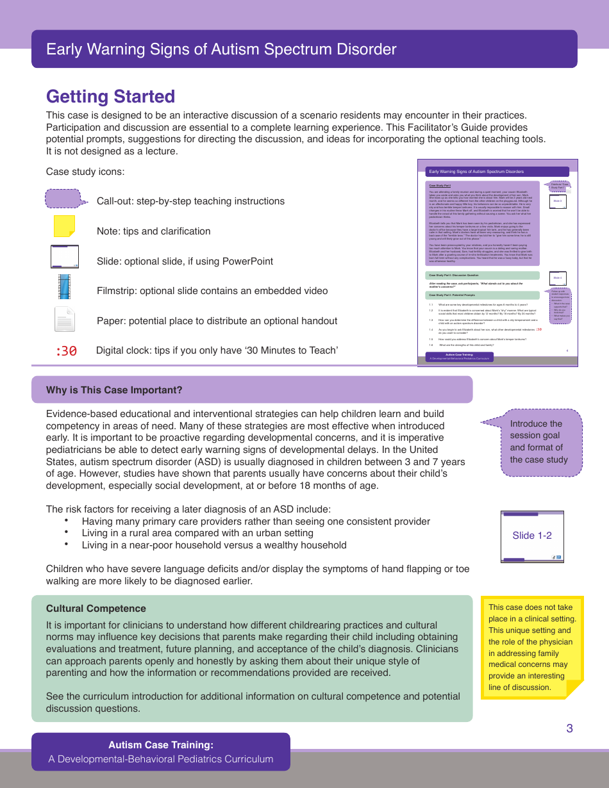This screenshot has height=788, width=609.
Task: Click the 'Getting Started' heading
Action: (x=110, y=97)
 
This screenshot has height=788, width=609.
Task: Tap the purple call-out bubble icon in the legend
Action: (x=64, y=199)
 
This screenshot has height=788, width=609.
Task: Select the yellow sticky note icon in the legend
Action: (x=64, y=226)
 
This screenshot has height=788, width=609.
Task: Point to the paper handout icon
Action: (x=64, y=319)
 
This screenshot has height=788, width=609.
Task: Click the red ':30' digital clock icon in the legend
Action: (x=66, y=350)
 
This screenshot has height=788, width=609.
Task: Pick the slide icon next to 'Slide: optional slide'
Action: (x=64, y=256)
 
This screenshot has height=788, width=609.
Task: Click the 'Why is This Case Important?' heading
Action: (x=114, y=390)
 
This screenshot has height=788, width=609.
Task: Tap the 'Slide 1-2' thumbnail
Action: (x=532, y=536)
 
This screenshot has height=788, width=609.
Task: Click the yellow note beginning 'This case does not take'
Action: (x=532, y=647)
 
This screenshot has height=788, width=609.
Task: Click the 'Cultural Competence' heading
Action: (x=96, y=609)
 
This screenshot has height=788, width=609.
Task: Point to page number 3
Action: (x=569, y=728)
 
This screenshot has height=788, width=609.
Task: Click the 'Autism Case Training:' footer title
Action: (x=161, y=745)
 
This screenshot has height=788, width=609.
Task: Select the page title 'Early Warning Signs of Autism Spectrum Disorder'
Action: (x=221, y=49)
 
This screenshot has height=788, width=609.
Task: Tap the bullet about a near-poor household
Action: (x=214, y=545)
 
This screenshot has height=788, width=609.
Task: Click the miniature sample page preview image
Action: (x=497, y=263)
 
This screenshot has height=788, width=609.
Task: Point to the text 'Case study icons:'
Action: (x=85, y=172)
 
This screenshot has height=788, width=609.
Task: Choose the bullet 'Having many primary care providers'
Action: (x=255, y=521)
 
